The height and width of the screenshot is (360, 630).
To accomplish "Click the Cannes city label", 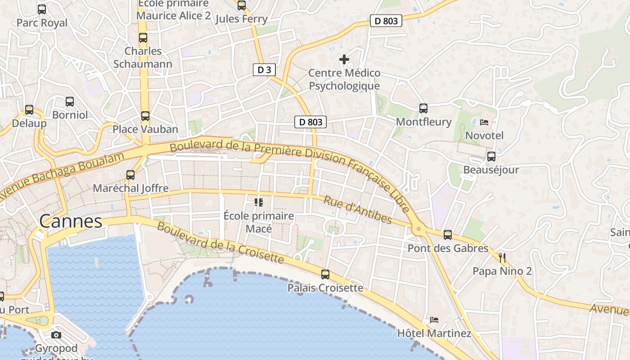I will [71, 221].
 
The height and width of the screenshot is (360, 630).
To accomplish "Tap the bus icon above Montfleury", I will [423, 108].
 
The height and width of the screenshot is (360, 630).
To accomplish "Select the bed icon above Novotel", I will [484, 122].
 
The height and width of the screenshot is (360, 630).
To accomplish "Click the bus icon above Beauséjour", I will [491, 157].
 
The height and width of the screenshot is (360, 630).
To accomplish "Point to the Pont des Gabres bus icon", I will [447, 234].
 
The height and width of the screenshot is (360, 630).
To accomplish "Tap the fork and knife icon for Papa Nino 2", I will [502, 258].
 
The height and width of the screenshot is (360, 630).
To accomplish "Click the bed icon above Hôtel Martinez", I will [434, 320].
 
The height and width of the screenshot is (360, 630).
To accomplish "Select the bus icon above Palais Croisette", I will [325, 274].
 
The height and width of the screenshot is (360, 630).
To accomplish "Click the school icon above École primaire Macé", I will [258, 202].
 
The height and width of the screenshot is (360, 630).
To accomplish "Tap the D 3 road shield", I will [264, 70].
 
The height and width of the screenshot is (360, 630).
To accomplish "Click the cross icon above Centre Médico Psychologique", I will [344, 59].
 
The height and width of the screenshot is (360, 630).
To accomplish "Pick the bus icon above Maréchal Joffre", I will [130, 175].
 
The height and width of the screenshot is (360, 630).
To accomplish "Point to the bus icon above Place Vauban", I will [145, 116].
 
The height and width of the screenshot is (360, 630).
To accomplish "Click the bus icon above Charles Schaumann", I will [143, 38].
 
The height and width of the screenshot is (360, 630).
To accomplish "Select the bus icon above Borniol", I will [70, 102].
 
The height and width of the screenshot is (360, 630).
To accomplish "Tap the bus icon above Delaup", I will [29, 109].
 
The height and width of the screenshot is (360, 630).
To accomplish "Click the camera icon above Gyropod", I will [56, 335].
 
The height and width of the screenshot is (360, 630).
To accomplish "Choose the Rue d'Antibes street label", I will [358, 209].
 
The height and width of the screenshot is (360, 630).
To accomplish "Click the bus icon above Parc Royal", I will [42, 9].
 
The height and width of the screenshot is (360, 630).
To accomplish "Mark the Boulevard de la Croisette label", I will [220, 243].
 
